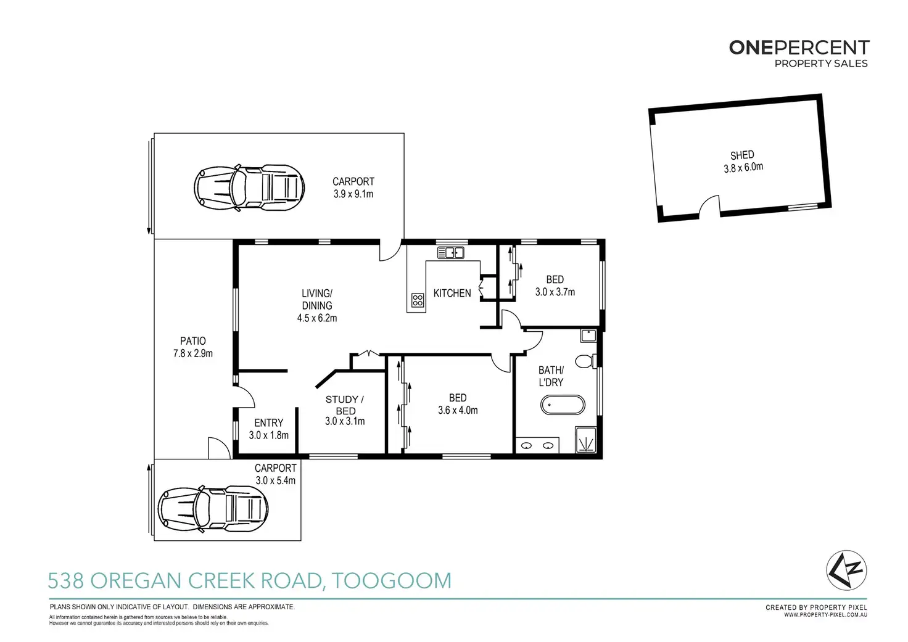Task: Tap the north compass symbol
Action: [846, 570]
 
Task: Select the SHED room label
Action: [742, 155]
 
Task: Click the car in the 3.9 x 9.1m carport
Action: [249, 187]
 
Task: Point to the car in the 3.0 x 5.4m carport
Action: [213, 509]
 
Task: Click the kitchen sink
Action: [451, 252]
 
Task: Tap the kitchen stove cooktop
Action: [418, 300]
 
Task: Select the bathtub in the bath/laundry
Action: [563, 405]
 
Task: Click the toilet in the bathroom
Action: [585, 361]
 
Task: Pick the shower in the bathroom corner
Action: [586, 440]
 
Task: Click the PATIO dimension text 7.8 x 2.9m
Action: [193, 353]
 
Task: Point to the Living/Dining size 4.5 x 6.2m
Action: [317, 318]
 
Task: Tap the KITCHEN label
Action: [452, 293]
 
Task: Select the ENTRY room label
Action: [269, 422]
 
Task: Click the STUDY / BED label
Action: [345, 405]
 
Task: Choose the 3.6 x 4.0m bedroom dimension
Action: [458, 410]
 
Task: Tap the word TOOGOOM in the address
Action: [392, 580]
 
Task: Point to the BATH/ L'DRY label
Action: [551, 376]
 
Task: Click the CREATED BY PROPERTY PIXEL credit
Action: [816, 607]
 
